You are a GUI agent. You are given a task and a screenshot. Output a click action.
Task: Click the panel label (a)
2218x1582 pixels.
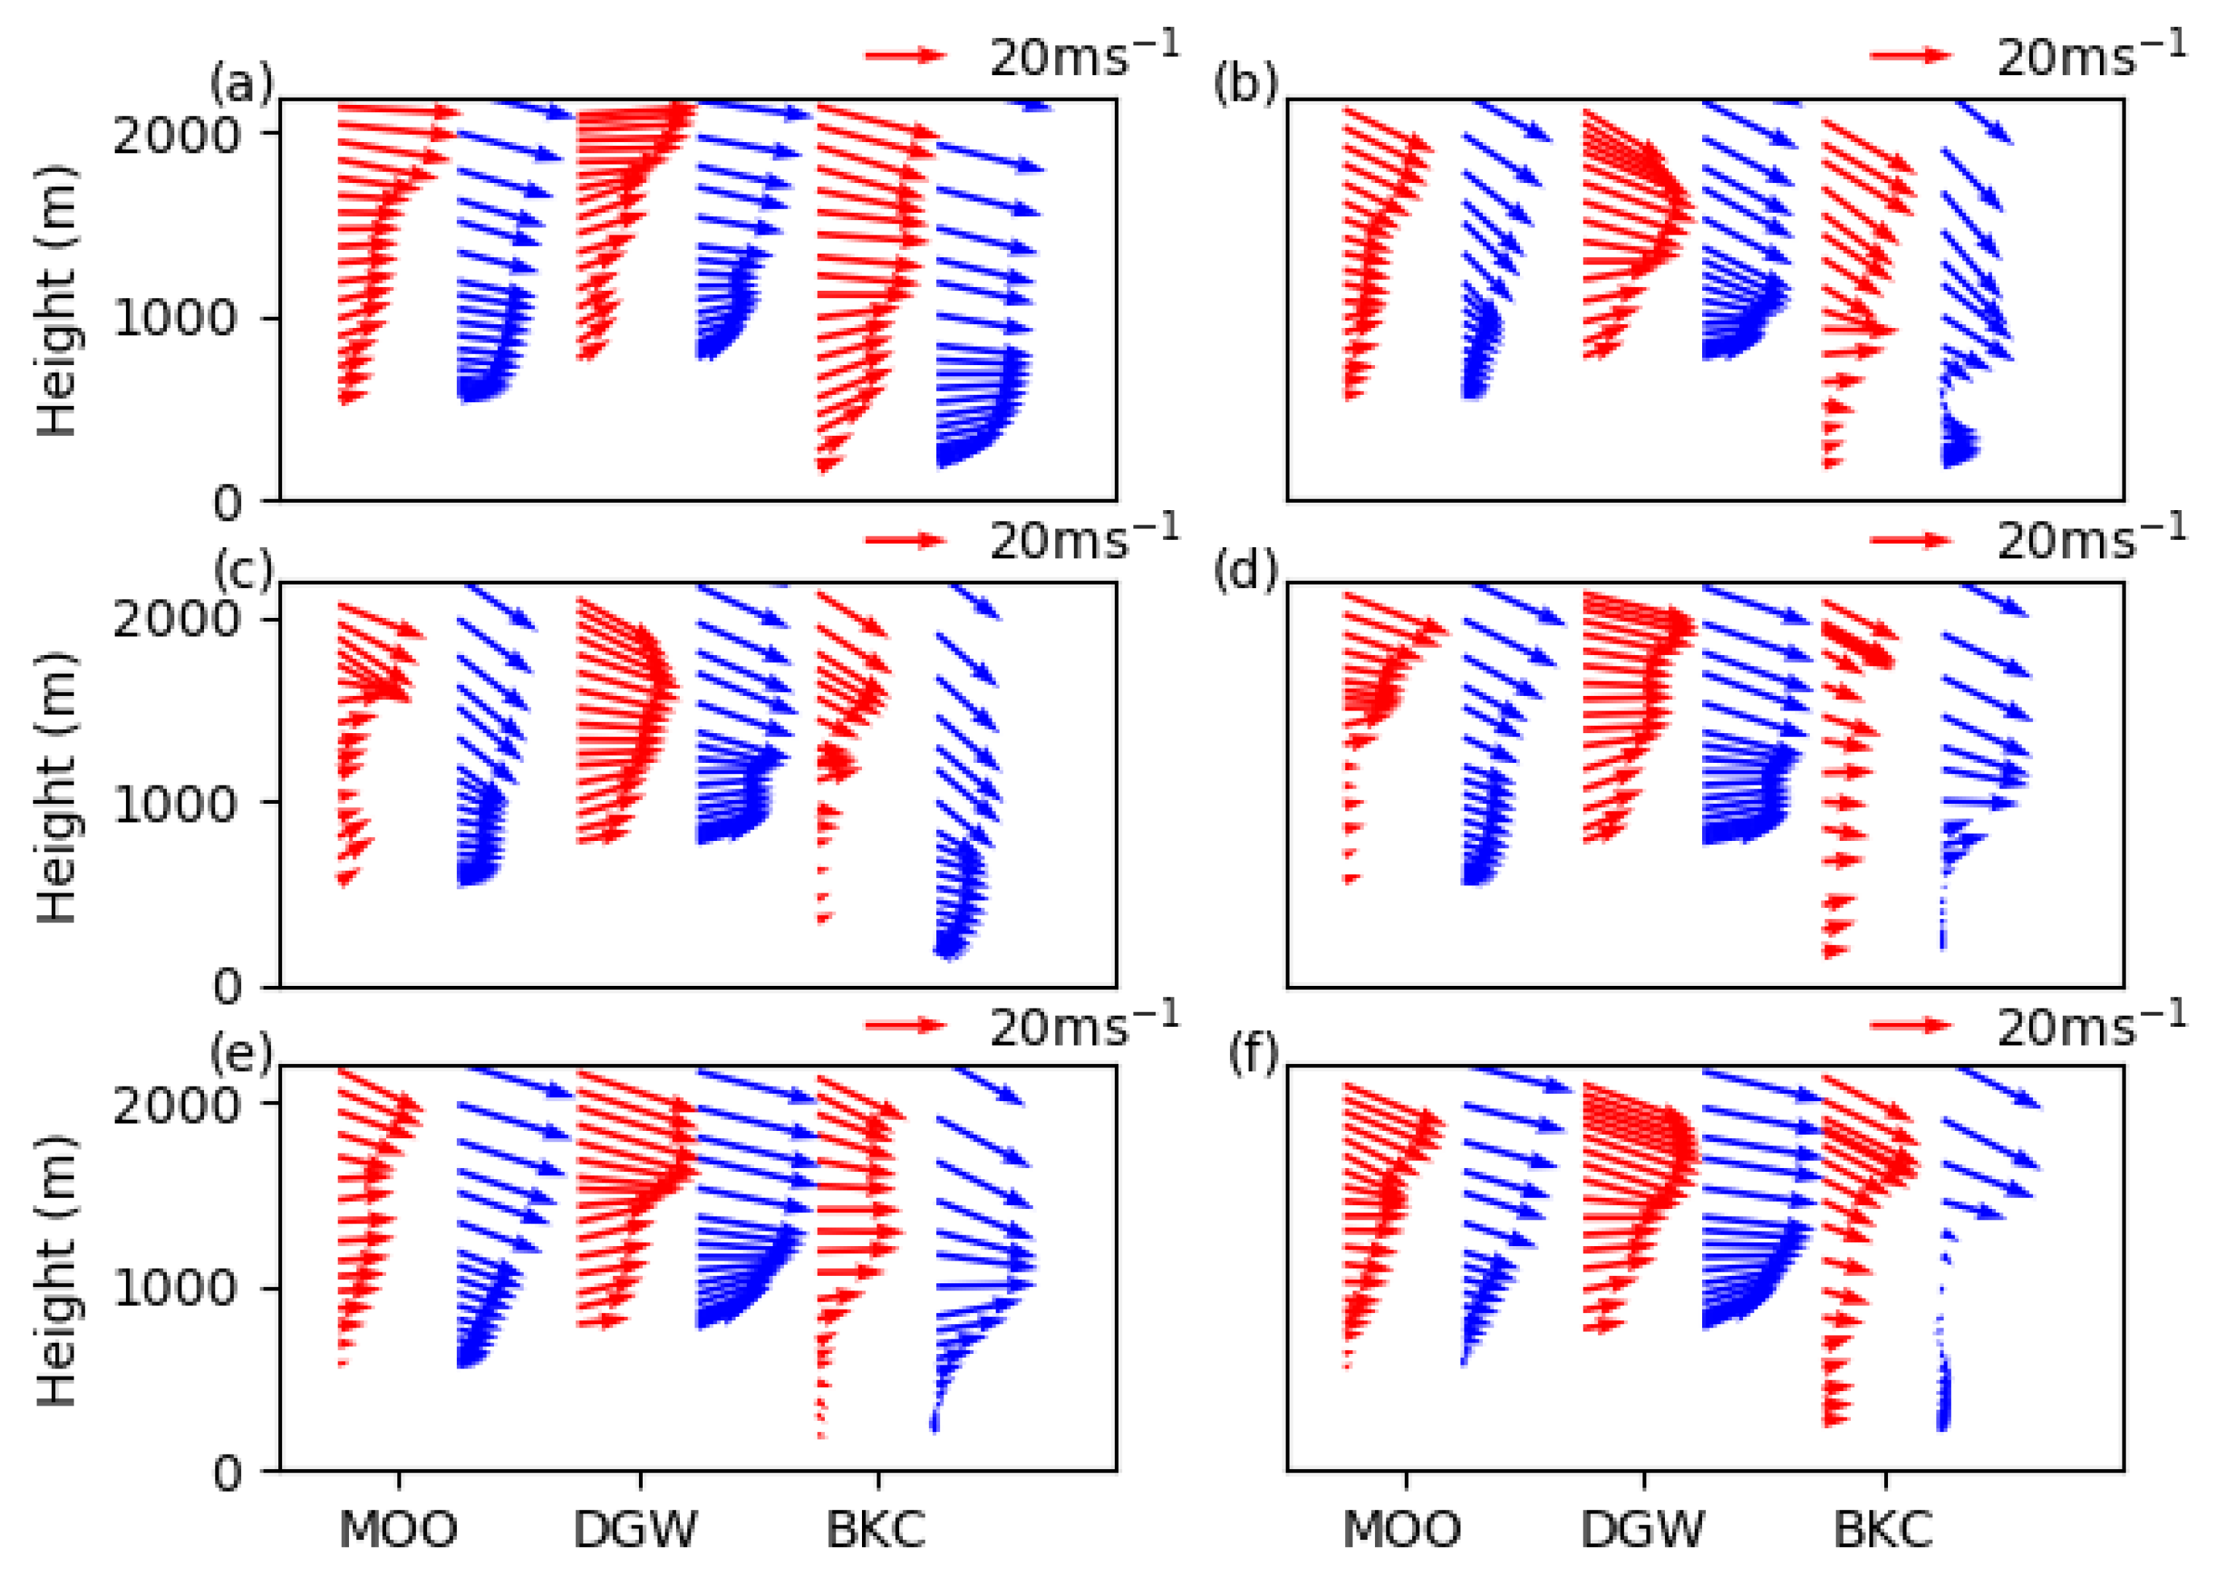point(242,86)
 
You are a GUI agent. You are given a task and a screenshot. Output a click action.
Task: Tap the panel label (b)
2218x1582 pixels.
point(1245,86)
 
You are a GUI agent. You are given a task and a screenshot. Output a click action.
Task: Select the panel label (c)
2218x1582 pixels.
point(242,571)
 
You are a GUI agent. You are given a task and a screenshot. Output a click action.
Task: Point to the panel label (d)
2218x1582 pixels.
point(1245,571)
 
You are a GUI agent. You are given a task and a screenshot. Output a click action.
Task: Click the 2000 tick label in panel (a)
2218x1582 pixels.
point(176,134)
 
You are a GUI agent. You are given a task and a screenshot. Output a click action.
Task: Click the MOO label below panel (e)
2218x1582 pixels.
point(397,1530)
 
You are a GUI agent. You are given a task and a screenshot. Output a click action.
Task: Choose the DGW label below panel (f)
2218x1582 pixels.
point(1642,1530)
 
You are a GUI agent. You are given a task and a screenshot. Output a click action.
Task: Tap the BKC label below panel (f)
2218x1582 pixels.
point(1883,1530)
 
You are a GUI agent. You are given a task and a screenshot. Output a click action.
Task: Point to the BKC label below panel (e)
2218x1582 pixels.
point(876,1530)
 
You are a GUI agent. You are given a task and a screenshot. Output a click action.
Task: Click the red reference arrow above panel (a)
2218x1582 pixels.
point(905,55)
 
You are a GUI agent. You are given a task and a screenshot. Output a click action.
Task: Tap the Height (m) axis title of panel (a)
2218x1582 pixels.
point(57,302)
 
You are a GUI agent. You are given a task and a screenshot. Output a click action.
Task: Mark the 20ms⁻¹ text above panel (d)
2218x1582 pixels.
point(2090,539)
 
